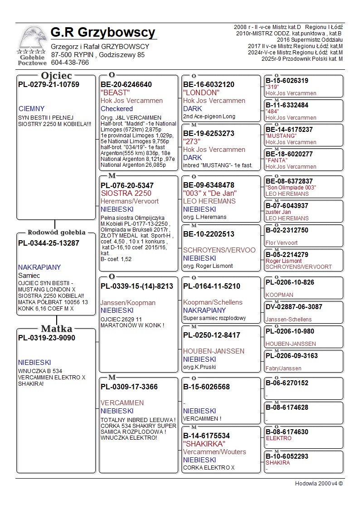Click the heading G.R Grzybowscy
(x=103, y=33)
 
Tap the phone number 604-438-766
(x=70, y=63)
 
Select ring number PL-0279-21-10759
(x=49, y=84)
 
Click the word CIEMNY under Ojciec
(x=32, y=109)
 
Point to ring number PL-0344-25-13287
(x=49, y=243)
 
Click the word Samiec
(x=29, y=275)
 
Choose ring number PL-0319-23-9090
(x=47, y=338)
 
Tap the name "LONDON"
(x=201, y=92)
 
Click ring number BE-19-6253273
(x=209, y=133)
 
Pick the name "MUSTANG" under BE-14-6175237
(x=281, y=136)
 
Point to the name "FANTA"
(x=277, y=160)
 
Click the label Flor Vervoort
(x=282, y=243)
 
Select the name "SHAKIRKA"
(x=204, y=444)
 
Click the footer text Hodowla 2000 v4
(x=319, y=483)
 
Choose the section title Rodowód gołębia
(x=56, y=233)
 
